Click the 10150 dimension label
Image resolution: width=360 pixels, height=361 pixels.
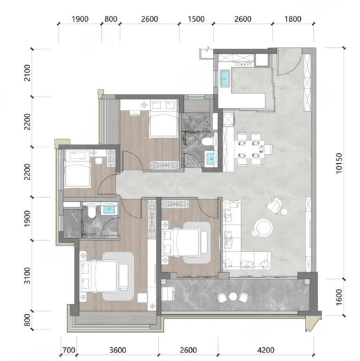(339, 163)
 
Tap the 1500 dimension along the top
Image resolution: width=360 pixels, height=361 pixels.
(196, 19)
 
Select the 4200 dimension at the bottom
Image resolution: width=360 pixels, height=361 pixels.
(265, 350)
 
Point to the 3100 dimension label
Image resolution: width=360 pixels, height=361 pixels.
(27, 276)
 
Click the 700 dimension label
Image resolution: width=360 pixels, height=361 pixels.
(69, 350)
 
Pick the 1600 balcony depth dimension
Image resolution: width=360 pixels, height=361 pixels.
(339, 297)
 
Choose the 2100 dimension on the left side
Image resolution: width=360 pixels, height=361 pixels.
(27, 73)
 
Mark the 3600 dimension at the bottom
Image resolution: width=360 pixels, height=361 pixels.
(118, 350)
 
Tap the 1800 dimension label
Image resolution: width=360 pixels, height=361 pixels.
(293, 19)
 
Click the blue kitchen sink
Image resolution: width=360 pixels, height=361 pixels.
(225, 78)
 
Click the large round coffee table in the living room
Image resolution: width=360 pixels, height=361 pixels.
(264, 228)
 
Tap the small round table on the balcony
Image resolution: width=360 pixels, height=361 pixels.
(233, 297)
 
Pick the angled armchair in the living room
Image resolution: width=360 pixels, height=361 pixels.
(274, 205)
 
